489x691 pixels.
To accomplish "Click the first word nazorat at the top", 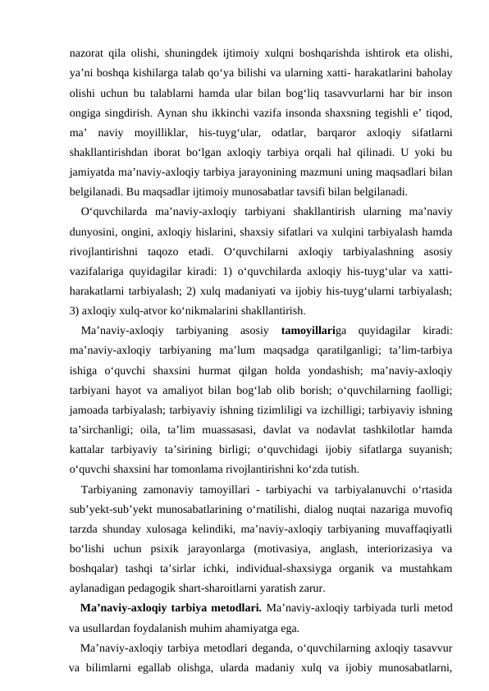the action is [x=89, y=53].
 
